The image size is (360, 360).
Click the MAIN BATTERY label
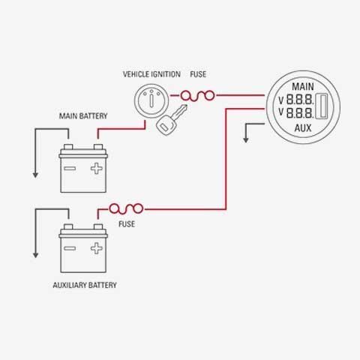[83, 116]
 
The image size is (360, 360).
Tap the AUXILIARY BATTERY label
[85, 285]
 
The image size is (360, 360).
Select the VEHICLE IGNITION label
[151, 74]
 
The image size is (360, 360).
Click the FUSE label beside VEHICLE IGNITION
[198, 74]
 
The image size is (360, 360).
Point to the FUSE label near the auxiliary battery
[127, 224]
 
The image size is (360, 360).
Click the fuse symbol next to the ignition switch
[197, 95]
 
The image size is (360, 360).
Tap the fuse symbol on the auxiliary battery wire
[126, 209]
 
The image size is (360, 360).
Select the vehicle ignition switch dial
[151, 100]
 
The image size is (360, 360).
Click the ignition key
[171, 121]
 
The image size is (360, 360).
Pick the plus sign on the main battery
[97, 169]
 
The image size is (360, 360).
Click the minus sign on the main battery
[70, 169]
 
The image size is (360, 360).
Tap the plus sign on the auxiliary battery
[97, 248]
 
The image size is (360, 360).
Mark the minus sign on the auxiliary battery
[70, 248]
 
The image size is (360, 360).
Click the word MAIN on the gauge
[303, 87]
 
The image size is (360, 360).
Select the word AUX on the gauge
[303, 128]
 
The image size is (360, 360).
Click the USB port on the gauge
[322, 106]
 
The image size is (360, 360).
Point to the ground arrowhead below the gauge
[246, 139]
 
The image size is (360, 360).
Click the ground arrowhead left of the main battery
[35, 175]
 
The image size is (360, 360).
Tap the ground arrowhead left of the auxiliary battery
[35, 255]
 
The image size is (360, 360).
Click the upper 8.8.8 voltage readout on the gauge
[300, 100]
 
